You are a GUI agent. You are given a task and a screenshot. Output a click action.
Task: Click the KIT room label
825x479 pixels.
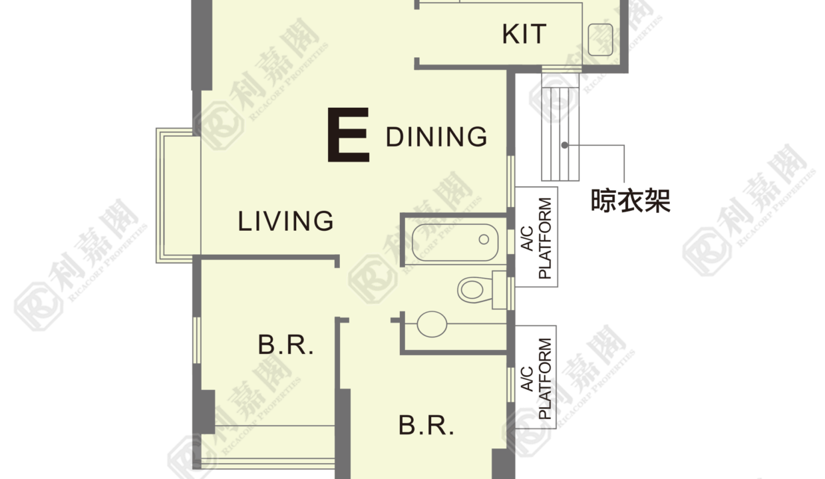point(524,34)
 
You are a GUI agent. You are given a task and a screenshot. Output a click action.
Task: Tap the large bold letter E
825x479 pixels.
point(348,135)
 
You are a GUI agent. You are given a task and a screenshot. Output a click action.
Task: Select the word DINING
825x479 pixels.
point(436,136)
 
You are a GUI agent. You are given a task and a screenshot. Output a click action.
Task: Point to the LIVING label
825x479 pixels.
point(286,222)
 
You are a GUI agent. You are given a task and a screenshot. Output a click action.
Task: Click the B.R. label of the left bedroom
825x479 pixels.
point(286,345)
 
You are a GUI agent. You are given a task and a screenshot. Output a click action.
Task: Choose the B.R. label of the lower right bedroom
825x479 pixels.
point(426,425)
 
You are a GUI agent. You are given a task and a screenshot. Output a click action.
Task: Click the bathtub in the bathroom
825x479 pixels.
point(455,243)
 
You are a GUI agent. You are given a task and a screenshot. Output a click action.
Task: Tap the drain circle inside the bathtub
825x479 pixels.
point(484,239)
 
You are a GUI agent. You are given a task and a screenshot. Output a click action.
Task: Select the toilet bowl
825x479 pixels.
point(474,290)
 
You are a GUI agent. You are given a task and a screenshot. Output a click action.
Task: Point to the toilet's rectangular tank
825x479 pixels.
point(500,290)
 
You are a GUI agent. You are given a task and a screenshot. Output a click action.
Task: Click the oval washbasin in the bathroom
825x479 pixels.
point(432,324)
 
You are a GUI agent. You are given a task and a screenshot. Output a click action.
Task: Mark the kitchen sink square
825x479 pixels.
point(600,40)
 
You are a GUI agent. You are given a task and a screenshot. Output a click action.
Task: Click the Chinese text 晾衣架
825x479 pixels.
point(631,201)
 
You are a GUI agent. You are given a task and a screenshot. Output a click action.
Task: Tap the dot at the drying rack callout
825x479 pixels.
point(565,146)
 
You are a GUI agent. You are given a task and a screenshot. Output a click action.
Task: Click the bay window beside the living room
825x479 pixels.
point(178,196)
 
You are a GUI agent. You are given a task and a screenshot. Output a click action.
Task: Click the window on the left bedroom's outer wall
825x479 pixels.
point(197,340)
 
